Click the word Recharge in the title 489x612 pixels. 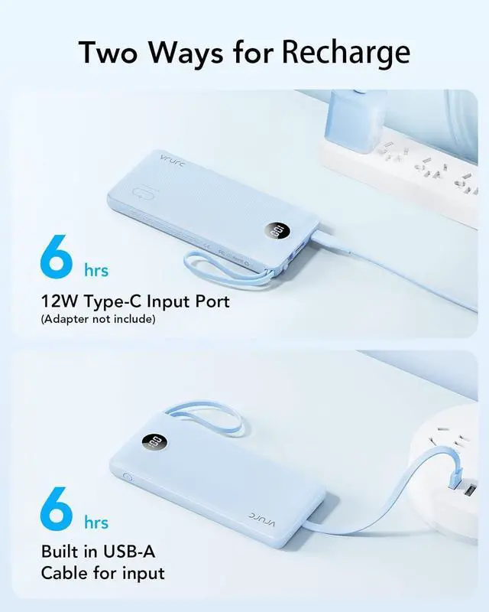[x=345, y=52]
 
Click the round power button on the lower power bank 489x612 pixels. [x=127, y=481]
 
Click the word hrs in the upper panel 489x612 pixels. [x=96, y=270]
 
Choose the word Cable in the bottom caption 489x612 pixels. [x=65, y=572]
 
